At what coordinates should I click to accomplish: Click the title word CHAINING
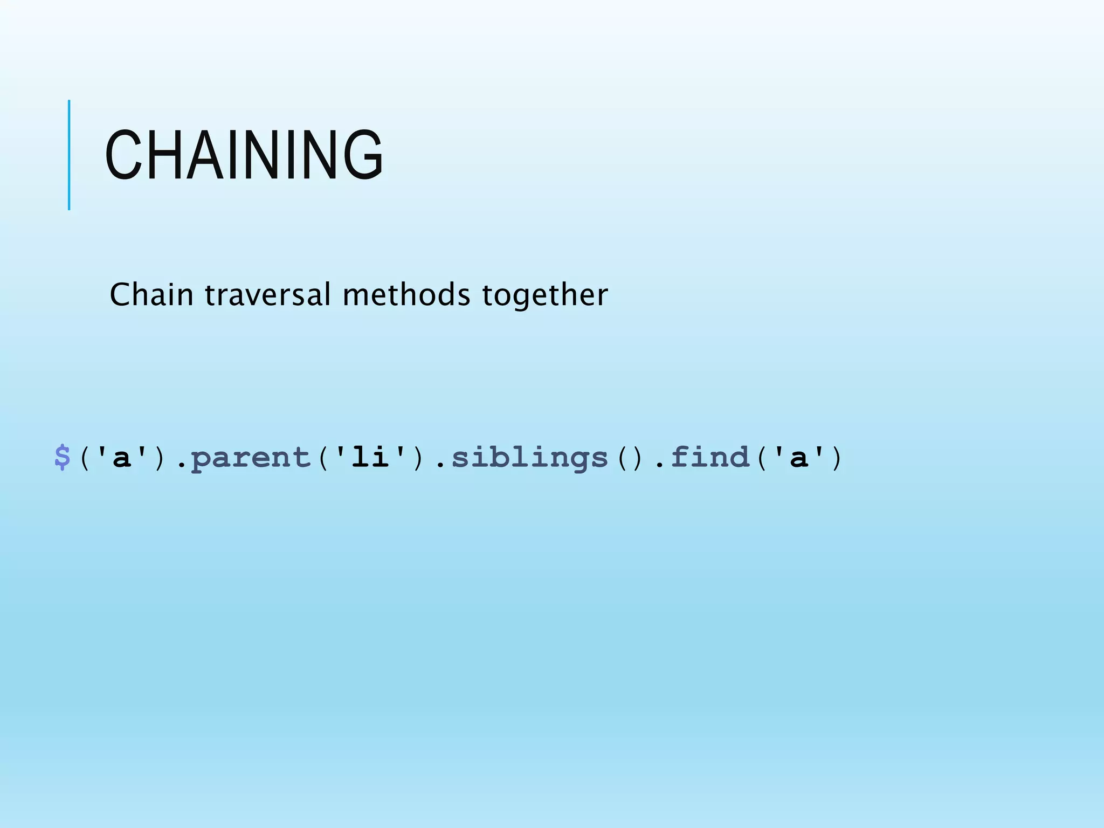244,155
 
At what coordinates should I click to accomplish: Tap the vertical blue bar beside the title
69,155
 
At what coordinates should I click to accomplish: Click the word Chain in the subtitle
151,295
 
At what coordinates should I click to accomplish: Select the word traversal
268,295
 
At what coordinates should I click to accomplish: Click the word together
545,295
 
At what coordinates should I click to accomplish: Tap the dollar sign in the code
63,458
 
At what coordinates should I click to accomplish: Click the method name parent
251,458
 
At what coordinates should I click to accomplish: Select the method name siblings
529,458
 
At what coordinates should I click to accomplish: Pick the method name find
710,458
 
